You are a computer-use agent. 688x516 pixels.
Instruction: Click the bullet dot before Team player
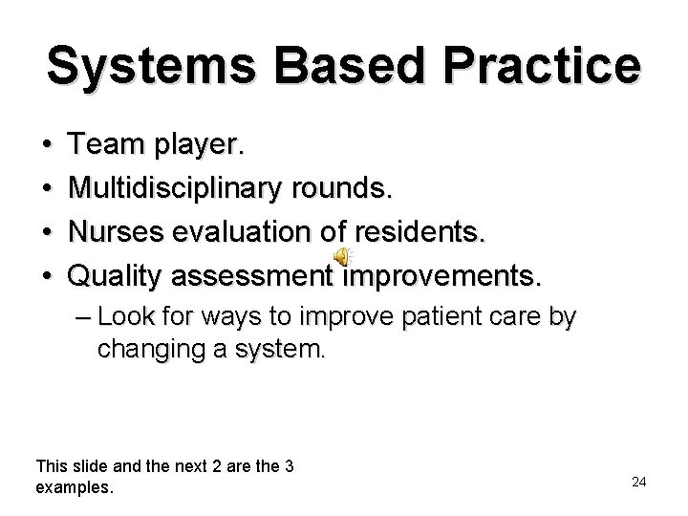click(48, 145)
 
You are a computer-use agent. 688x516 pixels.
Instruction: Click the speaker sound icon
click(342, 256)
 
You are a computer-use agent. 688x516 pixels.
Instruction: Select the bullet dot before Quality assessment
click(48, 276)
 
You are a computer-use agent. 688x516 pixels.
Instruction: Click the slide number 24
click(639, 482)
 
